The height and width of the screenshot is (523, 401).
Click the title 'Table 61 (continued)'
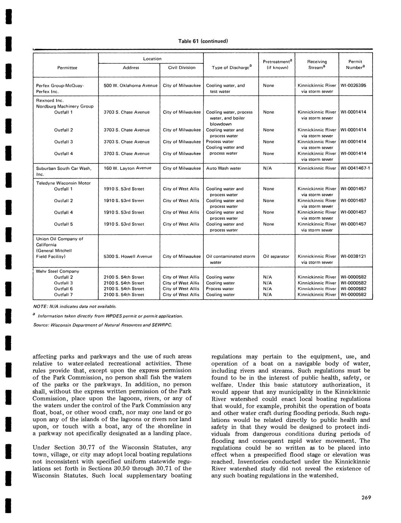click(x=203, y=41)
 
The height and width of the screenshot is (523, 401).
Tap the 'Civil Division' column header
click(x=182, y=68)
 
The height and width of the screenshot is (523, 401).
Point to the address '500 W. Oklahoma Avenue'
click(x=131, y=86)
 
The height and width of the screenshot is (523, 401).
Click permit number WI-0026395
click(x=354, y=86)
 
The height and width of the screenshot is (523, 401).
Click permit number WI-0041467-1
click(x=355, y=168)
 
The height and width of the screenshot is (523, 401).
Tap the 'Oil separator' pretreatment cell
click(x=276, y=256)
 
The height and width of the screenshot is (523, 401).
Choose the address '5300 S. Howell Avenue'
click(x=128, y=256)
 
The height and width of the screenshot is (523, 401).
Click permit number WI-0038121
click(x=354, y=256)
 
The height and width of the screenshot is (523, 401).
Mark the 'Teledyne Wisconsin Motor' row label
click(x=63, y=183)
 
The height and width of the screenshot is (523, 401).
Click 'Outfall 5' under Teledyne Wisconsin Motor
click(x=63, y=224)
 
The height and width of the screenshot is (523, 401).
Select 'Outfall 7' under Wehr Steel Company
click(x=63, y=295)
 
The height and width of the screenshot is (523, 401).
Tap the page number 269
click(x=366, y=498)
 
